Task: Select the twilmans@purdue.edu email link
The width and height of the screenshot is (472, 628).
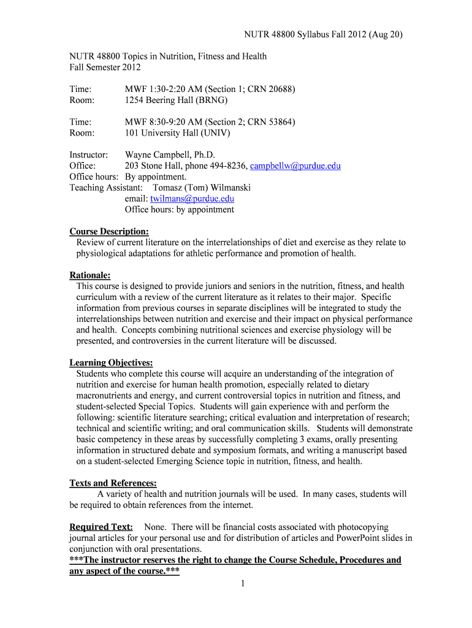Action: tap(192, 199)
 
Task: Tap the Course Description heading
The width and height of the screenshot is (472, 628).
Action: tap(109, 231)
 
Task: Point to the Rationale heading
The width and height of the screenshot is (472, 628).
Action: tap(90, 275)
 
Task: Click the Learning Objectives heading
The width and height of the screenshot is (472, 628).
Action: tap(111, 362)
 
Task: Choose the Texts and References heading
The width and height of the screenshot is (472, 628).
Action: tap(113, 483)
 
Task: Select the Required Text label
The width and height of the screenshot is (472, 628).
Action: tap(101, 527)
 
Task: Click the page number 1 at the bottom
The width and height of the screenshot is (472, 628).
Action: tap(243, 583)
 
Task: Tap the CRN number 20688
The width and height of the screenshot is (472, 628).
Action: tap(280, 89)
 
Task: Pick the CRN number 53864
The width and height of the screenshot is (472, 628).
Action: tap(280, 122)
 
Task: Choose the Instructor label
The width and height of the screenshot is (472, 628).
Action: tap(89, 155)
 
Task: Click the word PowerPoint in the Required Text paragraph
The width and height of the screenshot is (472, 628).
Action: tap(359, 538)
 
